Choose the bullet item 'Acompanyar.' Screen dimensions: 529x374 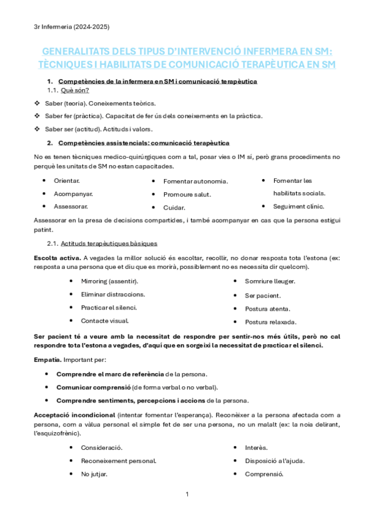(x=74, y=193)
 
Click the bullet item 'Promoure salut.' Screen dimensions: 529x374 (x=187, y=195)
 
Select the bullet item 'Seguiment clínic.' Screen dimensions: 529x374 (x=299, y=206)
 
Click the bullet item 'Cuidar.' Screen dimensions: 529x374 (x=174, y=208)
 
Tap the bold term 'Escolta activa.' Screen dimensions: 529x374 (x=57, y=258)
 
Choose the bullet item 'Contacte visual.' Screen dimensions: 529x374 (x=105, y=321)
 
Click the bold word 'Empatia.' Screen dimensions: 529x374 (x=47, y=360)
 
